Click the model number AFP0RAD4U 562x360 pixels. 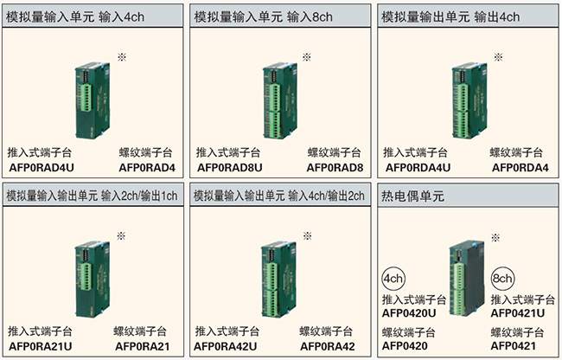pyautogui.click(x=42, y=167)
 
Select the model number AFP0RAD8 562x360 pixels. pyautogui.click(x=335, y=167)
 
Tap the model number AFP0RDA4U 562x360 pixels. pyautogui.click(x=418, y=167)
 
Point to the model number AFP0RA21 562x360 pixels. pyautogui.click(x=143, y=346)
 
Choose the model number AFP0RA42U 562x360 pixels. pyautogui.click(x=225, y=346)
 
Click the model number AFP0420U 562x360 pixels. pyautogui.click(x=409, y=313)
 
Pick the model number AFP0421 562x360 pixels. pyautogui.click(x=514, y=346)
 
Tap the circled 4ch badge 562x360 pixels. pyautogui.click(x=393, y=279)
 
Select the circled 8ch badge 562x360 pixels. pyautogui.click(x=502, y=279)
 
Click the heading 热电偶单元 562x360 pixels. pyautogui.click(x=412, y=196)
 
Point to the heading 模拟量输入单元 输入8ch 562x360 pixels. pyautogui.click(x=263, y=16)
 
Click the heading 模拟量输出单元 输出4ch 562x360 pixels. pyautogui.click(x=450, y=16)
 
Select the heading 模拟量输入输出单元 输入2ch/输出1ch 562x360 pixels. pyautogui.click(x=92, y=196)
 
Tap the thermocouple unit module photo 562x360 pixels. pyautogui.click(x=467, y=279)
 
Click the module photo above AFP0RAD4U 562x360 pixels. pyautogui.click(x=93, y=100)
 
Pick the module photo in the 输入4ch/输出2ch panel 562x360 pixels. pyautogui.click(x=279, y=280)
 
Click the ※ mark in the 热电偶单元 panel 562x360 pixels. pyautogui.click(x=495, y=237)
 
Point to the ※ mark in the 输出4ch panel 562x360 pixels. pyautogui.click(x=498, y=57)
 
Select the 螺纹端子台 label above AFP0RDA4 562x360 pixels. pyautogui.click(x=516, y=153)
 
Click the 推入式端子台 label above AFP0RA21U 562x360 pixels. pyautogui.click(x=40, y=331)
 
